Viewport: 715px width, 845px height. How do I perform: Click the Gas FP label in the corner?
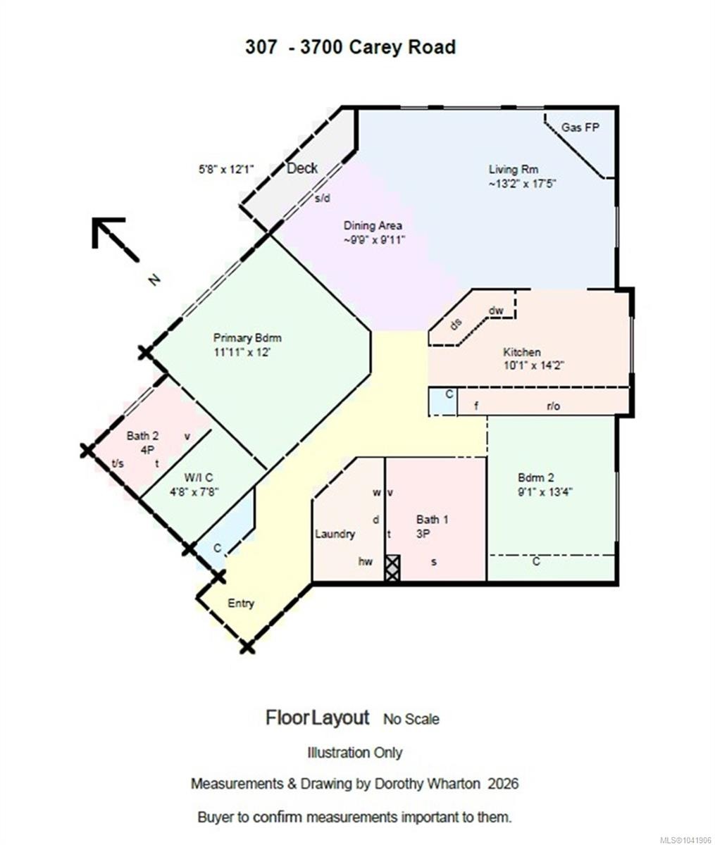click(580, 127)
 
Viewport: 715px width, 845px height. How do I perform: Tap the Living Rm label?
click(513, 169)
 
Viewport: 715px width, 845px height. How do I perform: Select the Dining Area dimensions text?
click(374, 239)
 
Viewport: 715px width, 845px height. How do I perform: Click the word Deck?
click(302, 168)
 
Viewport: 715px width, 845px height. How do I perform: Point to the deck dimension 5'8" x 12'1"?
click(226, 169)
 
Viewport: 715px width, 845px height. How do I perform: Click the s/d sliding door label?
click(322, 199)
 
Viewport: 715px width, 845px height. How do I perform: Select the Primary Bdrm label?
click(247, 338)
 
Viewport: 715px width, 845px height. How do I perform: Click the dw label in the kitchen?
click(496, 311)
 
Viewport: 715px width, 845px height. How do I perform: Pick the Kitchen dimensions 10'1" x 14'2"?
click(533, 365)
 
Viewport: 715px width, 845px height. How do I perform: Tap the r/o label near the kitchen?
click(553, 406)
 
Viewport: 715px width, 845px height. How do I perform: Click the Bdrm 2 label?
click(535, 477)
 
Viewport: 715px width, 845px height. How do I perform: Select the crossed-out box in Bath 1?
click(392, 568)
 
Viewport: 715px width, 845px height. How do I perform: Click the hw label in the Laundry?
click(366, 561)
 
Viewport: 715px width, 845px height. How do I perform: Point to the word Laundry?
click(335, 534)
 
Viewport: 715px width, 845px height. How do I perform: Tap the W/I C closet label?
click(199, 477)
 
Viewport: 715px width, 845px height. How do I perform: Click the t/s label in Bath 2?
click(118, 463)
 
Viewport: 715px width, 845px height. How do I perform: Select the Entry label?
click(240, 603)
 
